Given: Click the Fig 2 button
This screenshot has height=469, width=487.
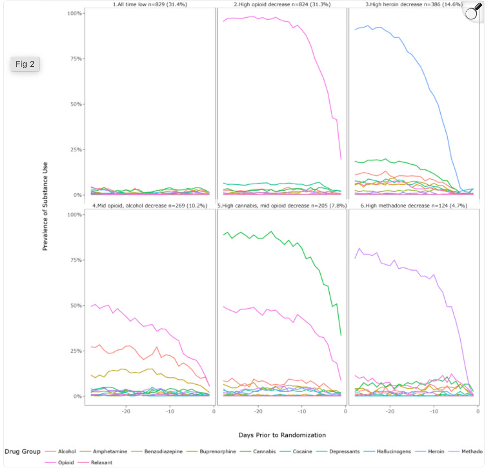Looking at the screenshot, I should pos(25,64).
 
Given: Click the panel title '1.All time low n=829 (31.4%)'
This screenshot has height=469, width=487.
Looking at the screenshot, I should pos(150,4).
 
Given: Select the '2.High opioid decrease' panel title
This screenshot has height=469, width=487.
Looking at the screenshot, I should pos(282,4).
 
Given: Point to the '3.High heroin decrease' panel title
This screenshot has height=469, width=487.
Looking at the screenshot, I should pos(414,4).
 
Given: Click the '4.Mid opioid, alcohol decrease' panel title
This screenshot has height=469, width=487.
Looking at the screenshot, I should pos(150,206).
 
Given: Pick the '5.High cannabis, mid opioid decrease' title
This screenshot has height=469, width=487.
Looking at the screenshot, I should pos(282,206).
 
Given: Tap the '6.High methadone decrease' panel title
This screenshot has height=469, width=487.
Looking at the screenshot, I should pos(414,206).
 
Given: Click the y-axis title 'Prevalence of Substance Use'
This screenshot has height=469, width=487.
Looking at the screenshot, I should pos(45,206).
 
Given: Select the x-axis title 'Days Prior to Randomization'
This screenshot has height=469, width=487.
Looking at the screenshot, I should pos(282,435).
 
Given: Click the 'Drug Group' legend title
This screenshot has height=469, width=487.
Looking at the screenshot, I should pos(23,452).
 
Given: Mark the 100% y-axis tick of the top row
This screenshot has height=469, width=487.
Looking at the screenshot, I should pos(75,13).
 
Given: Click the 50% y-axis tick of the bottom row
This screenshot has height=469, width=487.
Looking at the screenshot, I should pos(76,305).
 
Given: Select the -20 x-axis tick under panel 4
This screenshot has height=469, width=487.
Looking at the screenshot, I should pos(126,411).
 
